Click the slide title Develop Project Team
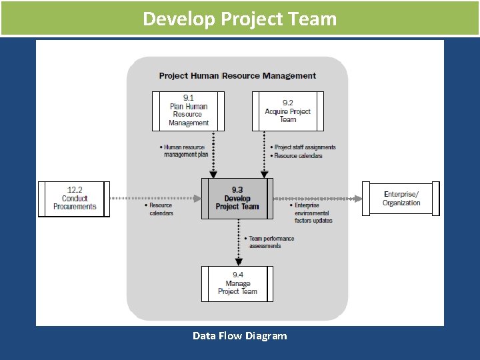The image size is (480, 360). tap(239, 18)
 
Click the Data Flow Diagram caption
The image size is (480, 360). tap(239, 335)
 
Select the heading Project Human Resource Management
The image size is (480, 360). tap(237, 75)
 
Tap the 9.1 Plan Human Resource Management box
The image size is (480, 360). tap(188, 111)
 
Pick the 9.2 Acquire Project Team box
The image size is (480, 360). tap(287, 111)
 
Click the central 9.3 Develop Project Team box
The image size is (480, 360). tap(237, 198)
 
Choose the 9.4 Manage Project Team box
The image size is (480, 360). tap(237, 283)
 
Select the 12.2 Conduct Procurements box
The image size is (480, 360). tap(75, 198)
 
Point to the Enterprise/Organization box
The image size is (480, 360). tap(401, 199)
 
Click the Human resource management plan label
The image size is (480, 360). tap(185, 151)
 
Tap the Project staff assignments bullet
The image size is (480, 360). tap(305, 147)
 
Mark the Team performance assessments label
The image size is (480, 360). tap(271, 242)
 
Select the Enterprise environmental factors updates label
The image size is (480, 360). tap(313, 213)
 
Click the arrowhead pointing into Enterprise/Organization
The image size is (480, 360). tap(358, 198)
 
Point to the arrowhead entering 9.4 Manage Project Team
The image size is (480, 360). tap(239, 262)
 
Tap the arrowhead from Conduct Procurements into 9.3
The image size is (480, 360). tap(197, 198)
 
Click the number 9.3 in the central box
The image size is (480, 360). tap(237, 190)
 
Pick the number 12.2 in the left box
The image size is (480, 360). tap(75, 190)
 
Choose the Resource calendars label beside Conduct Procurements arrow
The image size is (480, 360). tap(161, 209)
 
